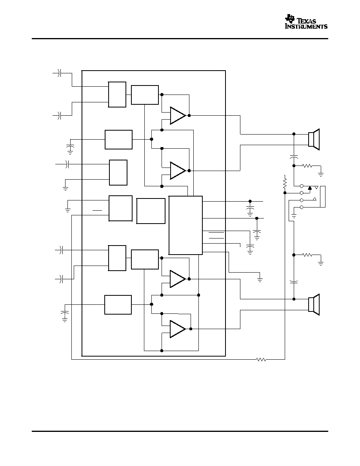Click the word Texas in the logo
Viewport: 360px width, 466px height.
pos(306,21)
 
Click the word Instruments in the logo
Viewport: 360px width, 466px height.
pos(306,26)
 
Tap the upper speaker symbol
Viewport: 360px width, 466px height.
pos(314,139)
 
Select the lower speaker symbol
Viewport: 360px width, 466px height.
pos(314,304)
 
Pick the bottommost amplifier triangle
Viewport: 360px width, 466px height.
pos(178,329)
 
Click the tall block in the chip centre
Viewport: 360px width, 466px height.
pos(185,225)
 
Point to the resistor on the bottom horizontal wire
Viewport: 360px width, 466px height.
pos(261,360)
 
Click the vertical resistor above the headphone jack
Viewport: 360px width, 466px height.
pos(285,183)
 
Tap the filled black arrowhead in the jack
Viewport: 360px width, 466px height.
pos(310,187)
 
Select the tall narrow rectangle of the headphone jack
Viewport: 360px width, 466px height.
pos(323,197)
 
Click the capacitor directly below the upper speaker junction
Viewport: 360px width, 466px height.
pos(294,156)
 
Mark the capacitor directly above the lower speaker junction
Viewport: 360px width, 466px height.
pos(294,281)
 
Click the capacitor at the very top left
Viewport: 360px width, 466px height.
pos(59,73)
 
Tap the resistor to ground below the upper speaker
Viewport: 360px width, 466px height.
pos(307,166)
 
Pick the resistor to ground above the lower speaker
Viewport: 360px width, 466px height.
pos(307,255)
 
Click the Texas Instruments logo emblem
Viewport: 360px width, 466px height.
pos(290,18)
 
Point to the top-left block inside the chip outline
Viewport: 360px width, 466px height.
pos(117,95)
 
